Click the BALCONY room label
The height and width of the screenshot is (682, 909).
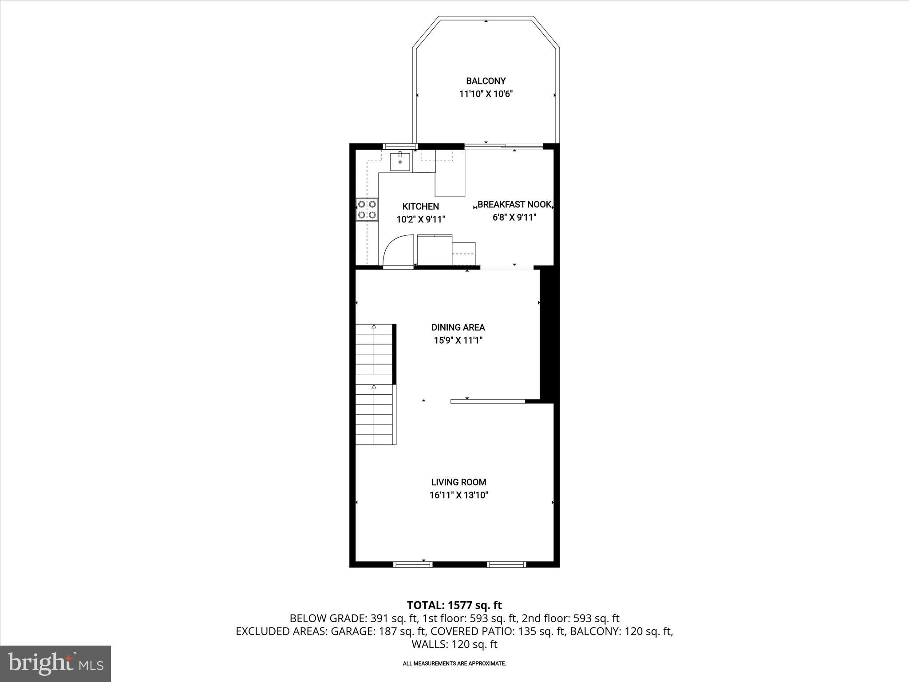(486, 81)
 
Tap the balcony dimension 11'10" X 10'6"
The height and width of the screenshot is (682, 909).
(486, 94)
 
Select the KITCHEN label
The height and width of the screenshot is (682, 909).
(420, 206)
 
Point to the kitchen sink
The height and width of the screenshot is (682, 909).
(400, 161)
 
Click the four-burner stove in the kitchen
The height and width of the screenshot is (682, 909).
(367, 210)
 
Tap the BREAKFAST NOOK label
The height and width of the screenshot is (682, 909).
(514, 205)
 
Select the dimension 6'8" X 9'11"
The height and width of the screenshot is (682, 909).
(514, 218)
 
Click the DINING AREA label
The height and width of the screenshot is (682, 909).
(458, 327)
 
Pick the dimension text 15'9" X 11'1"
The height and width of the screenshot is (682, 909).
(458, 341)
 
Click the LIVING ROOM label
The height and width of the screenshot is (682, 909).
(458, 482)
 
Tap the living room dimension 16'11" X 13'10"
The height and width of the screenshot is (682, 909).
(458, 495)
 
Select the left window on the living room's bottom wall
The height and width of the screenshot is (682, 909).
(413, 564)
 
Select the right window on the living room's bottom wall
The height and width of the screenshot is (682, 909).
(506, 564)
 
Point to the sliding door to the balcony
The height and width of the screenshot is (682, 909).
(504, 146)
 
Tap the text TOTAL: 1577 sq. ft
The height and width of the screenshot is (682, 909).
(454, 605)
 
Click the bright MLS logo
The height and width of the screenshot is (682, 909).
(55, 663)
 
